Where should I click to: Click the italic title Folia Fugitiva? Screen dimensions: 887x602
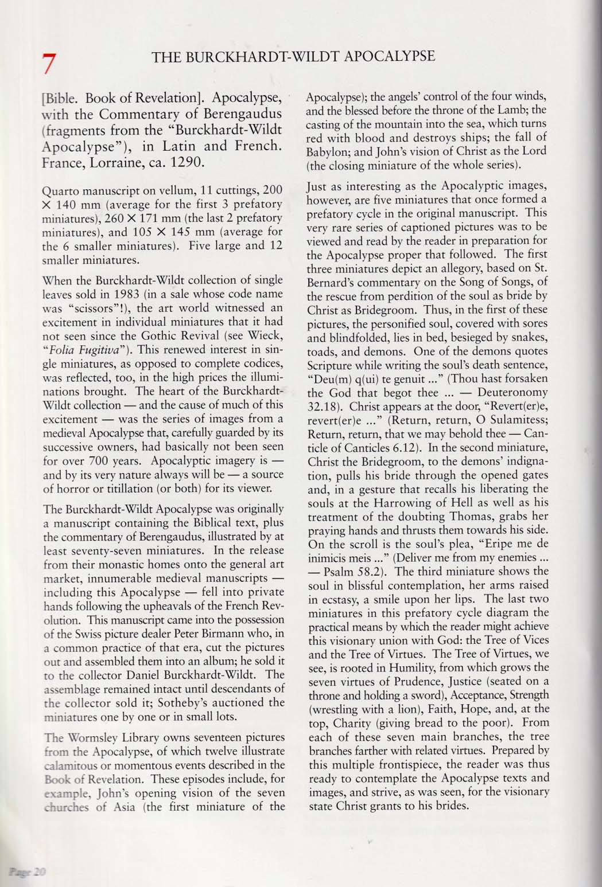pyautogui.click(x=80, y=335)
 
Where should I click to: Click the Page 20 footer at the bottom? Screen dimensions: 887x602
pyautogui.click(x=27, y=872)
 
